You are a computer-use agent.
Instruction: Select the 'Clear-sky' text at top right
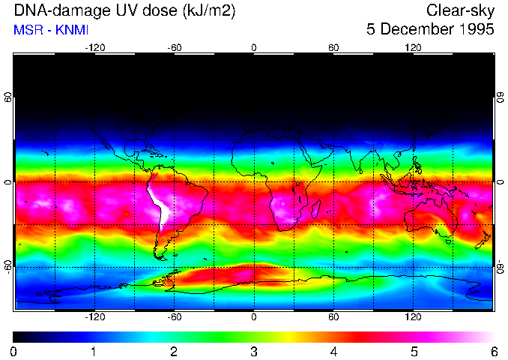click(460, 11)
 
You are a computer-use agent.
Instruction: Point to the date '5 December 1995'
click(430, 30)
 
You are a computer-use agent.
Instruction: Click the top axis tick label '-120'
click(94, 47)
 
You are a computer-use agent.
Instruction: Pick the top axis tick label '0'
click(254, 47)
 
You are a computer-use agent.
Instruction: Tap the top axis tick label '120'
click(413, 47)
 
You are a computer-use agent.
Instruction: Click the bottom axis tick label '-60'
click(175, 316)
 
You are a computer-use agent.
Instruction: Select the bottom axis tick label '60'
click(333, 316)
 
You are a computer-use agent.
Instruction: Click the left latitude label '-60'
click(8, 267)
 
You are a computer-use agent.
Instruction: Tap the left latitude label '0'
click(8, 181)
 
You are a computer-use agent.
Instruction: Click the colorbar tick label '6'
click(494, 351)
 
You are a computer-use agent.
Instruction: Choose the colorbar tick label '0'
click(13, 351)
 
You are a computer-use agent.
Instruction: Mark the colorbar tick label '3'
click(254, 351)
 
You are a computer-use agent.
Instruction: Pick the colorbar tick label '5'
click(414, 351)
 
